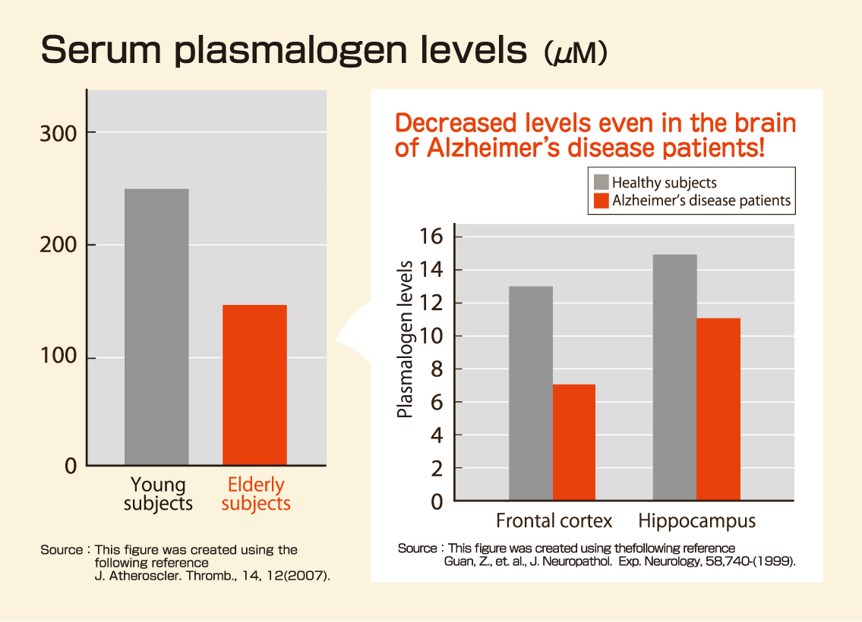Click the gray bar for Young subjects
156,326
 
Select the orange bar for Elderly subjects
254,385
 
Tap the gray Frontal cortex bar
530,393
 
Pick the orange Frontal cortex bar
574,442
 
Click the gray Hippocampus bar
674,377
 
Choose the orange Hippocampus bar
718,409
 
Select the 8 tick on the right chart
437,369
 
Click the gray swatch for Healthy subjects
601,182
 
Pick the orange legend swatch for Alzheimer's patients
601,200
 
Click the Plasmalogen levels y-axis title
406,339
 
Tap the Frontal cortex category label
554,522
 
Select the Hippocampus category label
696,522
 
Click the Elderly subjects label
256,494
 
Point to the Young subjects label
158,494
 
